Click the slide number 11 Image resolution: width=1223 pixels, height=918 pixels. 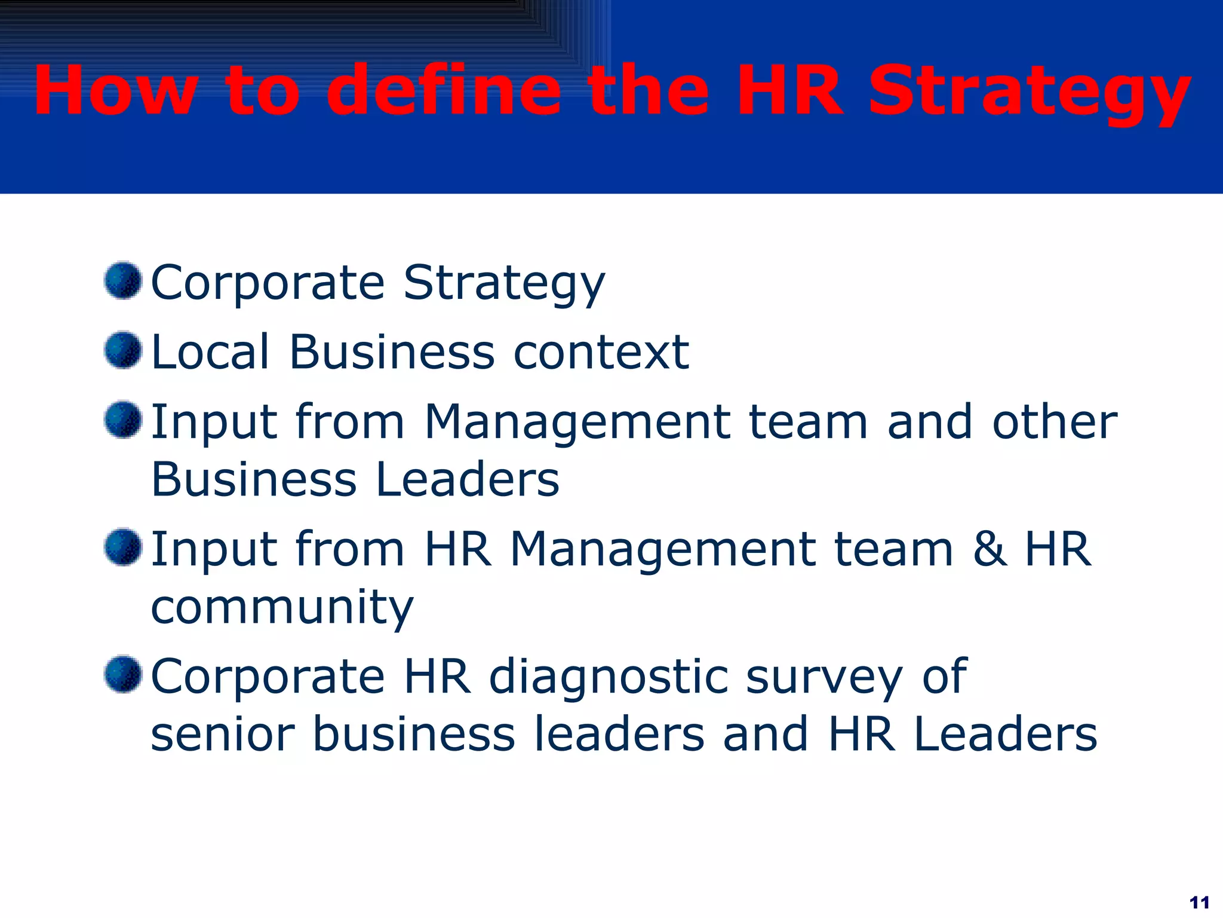point(1199,902)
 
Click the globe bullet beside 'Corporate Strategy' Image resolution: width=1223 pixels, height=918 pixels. point(123,280)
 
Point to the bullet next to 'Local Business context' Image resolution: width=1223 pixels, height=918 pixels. point(123,350)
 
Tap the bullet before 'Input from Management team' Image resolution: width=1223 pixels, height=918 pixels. point(123,420)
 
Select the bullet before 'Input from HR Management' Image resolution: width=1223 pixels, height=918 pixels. point(123,547)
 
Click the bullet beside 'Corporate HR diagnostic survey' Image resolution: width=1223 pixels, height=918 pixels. point(123,674)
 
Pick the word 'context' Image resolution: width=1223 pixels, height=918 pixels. point(601,353)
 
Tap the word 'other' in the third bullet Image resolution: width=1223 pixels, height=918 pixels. point(1055,421)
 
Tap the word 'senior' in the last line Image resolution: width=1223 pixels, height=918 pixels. point(223,734)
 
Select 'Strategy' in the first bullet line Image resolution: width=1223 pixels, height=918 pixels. point(504,283)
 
